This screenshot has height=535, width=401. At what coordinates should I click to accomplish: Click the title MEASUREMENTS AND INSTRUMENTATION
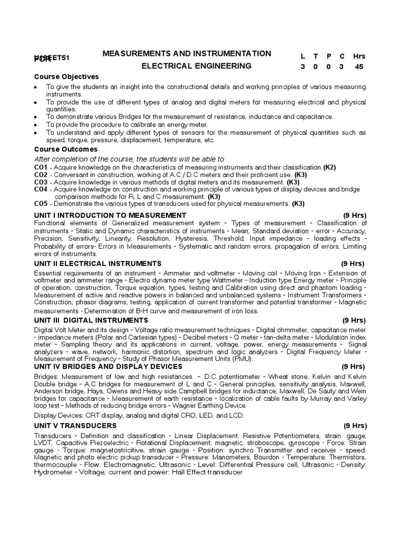(187, 53)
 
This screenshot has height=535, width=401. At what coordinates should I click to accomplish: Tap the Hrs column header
(359, 56)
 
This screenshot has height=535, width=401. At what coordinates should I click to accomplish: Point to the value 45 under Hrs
(359, 67)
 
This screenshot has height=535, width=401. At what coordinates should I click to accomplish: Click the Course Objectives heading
(66, 77)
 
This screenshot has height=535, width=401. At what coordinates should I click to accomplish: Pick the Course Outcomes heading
(66, 149)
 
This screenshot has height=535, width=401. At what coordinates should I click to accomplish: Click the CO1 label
(41, 167)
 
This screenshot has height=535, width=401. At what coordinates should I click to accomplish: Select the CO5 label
(41, 204)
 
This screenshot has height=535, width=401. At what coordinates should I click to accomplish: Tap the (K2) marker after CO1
(329, 167)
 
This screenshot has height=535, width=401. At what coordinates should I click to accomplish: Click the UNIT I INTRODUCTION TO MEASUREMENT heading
(110, 215)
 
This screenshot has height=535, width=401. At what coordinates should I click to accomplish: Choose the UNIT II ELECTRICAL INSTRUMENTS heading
(98, 263)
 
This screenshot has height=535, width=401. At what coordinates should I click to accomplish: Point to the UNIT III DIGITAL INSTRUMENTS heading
(91, 320)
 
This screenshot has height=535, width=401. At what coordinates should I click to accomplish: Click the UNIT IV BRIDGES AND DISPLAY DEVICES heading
(108, 367)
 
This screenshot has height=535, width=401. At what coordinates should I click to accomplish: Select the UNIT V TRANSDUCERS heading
(75, 426)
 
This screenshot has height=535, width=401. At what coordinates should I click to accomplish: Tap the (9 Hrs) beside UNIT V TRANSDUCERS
(355, 426)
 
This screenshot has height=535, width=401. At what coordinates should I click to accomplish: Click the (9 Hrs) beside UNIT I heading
(355, 215)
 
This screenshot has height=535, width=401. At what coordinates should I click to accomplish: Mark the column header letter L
(303, 56)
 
